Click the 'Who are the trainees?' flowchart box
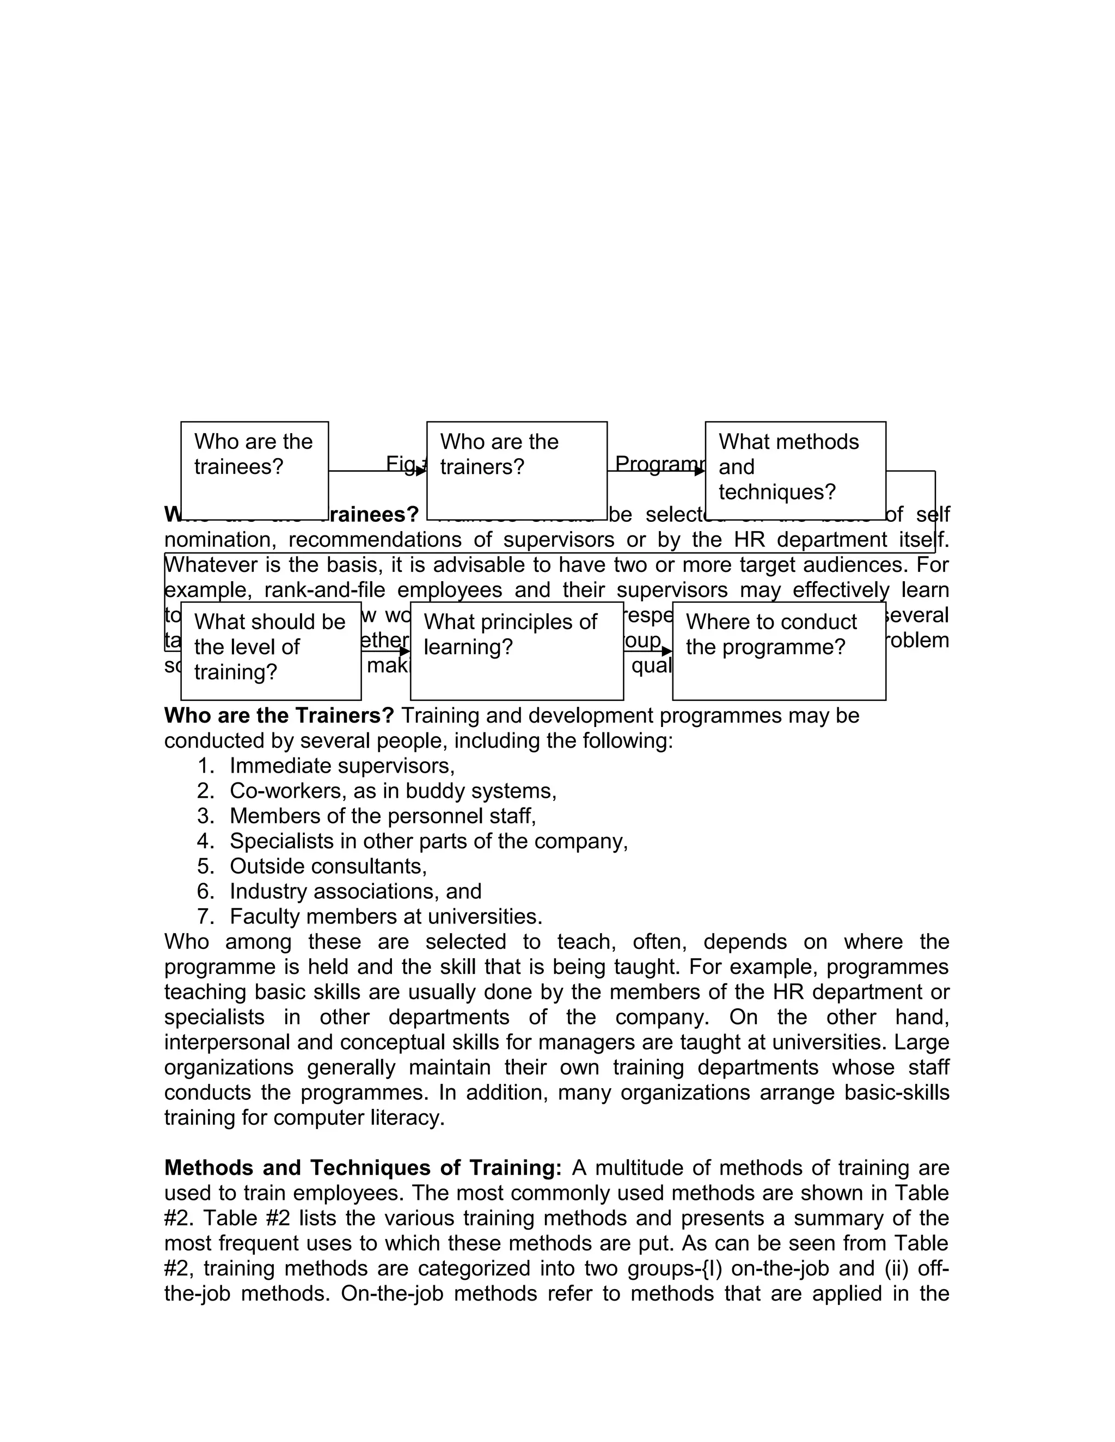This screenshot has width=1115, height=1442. coord(254,470)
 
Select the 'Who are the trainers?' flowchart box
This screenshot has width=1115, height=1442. coord(517,470)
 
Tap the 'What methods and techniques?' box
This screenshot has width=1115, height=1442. coord(795,470)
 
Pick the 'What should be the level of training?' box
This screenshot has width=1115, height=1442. coord(271,650)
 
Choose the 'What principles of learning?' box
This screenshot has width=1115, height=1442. coord(517,650)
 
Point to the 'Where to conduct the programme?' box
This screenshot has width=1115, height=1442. coord(779,650)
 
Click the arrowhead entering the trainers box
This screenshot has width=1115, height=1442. coord(421,471)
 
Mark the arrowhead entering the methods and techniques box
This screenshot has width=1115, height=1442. coord(700,471)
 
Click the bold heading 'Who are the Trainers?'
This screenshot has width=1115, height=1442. coord(279,716)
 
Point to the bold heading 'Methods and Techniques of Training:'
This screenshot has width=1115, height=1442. coord(363,1168)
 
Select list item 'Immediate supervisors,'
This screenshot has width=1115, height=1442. coord(342,766)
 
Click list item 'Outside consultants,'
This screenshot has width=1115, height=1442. coord(328,866)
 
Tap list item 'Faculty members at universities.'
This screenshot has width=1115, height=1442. coord(386,916)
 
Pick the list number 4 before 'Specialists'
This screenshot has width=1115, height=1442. coord(205,841)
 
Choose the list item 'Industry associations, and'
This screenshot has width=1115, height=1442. coord(356,891)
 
